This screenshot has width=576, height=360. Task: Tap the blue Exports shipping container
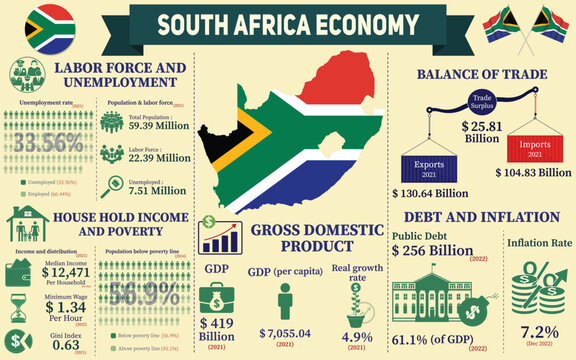point(428,166)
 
